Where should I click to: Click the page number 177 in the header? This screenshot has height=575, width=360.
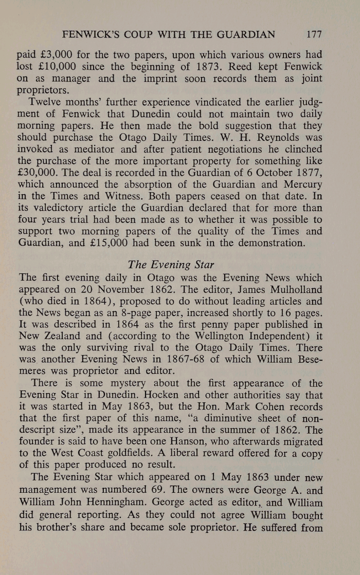[313, 35]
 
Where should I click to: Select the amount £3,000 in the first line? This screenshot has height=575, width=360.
[54, 55]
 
